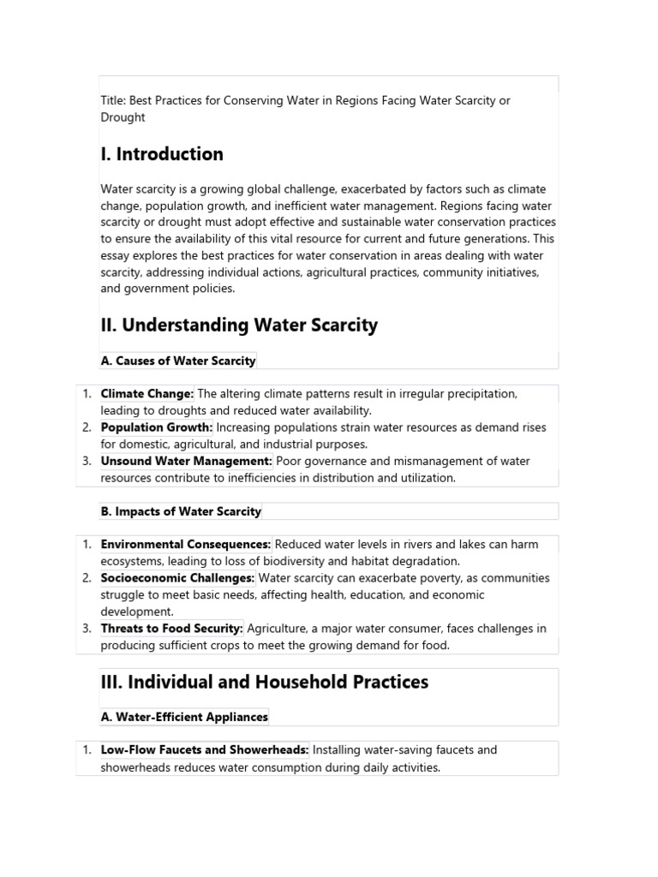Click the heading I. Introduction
pos(162,154)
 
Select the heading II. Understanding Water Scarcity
pos(239,325)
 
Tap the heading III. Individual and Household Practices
pos(264,682)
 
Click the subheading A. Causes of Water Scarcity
pos(178,361)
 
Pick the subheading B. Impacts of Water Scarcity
pos(181,511)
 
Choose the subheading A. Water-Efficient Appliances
pos(184,717)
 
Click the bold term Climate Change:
pos(147,394)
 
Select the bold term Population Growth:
pos(157,427)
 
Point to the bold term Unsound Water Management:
pos(187,461)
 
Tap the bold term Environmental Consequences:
pos(186,544)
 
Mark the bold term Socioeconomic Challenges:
pos(177,578)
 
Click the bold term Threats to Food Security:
pos(172,629)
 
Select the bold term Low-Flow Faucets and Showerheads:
pos(205,750)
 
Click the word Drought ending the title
pos(123,117)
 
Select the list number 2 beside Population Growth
pos(87,427)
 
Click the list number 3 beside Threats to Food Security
pos(87,629)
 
